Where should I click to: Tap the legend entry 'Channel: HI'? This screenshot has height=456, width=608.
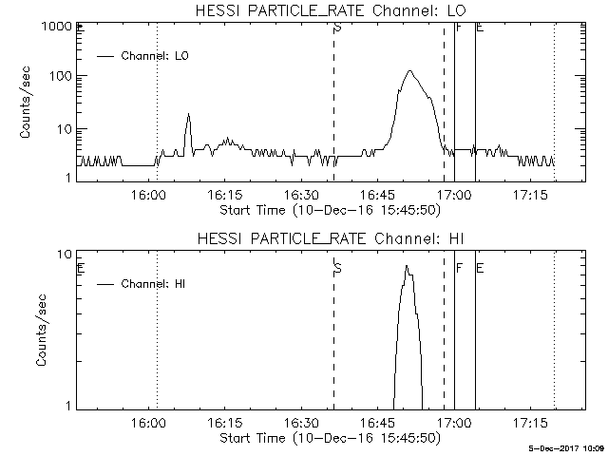(153, 283)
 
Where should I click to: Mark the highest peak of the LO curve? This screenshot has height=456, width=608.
(409, 70)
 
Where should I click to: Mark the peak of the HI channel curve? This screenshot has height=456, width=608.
(407, 267)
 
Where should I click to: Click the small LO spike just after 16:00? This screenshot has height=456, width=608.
(188, 115)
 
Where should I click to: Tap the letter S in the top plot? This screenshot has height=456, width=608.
(336, 27)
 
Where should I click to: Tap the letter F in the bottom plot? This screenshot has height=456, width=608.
(459, 268)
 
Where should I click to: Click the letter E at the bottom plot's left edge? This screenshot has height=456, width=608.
(81, 268)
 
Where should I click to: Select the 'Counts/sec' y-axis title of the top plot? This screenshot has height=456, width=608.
(26, 103)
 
